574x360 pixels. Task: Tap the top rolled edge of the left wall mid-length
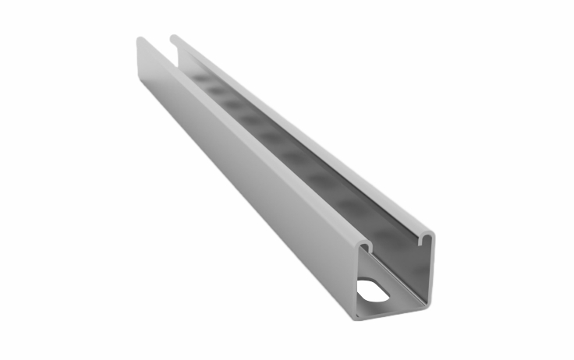click(x=250, y=144)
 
